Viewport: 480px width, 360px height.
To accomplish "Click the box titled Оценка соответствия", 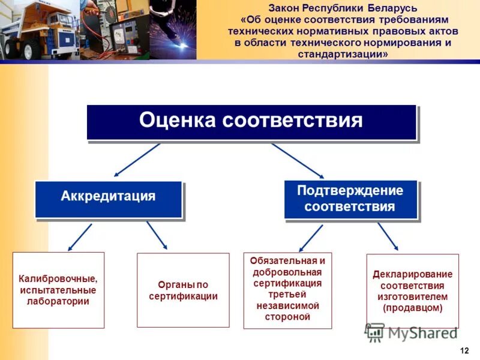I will click(x=251, y=122).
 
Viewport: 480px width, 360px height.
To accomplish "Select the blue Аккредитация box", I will click(x=108, y=198).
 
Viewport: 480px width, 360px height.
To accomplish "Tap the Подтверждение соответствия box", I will click(x=350, y=199).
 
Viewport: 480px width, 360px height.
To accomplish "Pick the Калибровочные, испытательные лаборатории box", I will click(x=58, y=290).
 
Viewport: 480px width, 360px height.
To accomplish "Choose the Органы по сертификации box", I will click(x=183, y=290).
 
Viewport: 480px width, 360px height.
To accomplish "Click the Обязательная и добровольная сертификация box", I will click(x=287, y=290).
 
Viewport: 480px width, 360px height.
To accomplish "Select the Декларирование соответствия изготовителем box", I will click(x=412, y=290).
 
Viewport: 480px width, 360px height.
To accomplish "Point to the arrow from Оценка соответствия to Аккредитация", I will click(x=137, y=160).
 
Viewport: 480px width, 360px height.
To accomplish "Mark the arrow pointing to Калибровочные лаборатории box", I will click(x=80, y=236).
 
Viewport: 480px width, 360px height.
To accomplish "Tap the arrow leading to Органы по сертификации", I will click(x=157, y=235).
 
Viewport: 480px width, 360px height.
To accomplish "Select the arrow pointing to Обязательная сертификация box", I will click(x=311, y=238).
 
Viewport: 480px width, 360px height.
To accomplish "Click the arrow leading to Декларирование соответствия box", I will click(x=388, y=236).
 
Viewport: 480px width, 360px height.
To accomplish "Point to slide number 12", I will click(x=464, y=350).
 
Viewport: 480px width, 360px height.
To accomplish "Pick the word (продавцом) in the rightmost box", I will click(x=412, y=308).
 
